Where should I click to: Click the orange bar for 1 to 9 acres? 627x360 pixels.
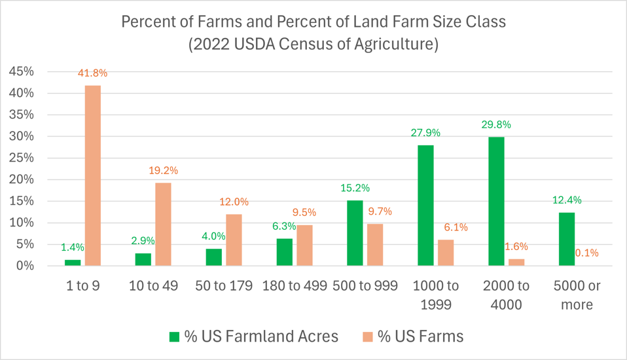[93, 175]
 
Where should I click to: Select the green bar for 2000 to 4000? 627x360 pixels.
[497, 201]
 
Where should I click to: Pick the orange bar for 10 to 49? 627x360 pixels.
[163, 224]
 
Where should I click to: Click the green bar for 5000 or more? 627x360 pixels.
[567, 239]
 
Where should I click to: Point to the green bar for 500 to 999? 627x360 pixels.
[355, 232]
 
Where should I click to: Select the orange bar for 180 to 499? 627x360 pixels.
[304, 245]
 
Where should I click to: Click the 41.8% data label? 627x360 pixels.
[92, 73]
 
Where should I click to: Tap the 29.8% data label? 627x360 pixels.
[496, 124]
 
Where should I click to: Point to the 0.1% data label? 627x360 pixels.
[586, 253]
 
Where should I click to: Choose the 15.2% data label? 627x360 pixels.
[355, 188]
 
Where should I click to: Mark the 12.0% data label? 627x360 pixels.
[234, 202]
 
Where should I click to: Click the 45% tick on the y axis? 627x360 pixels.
[21, 71]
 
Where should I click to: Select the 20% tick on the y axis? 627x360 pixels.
[21, 179]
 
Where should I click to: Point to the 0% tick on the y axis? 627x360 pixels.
[24, 266]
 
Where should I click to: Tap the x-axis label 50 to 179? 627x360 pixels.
[223, 286]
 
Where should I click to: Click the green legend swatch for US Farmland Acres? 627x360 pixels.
[174, 336]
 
